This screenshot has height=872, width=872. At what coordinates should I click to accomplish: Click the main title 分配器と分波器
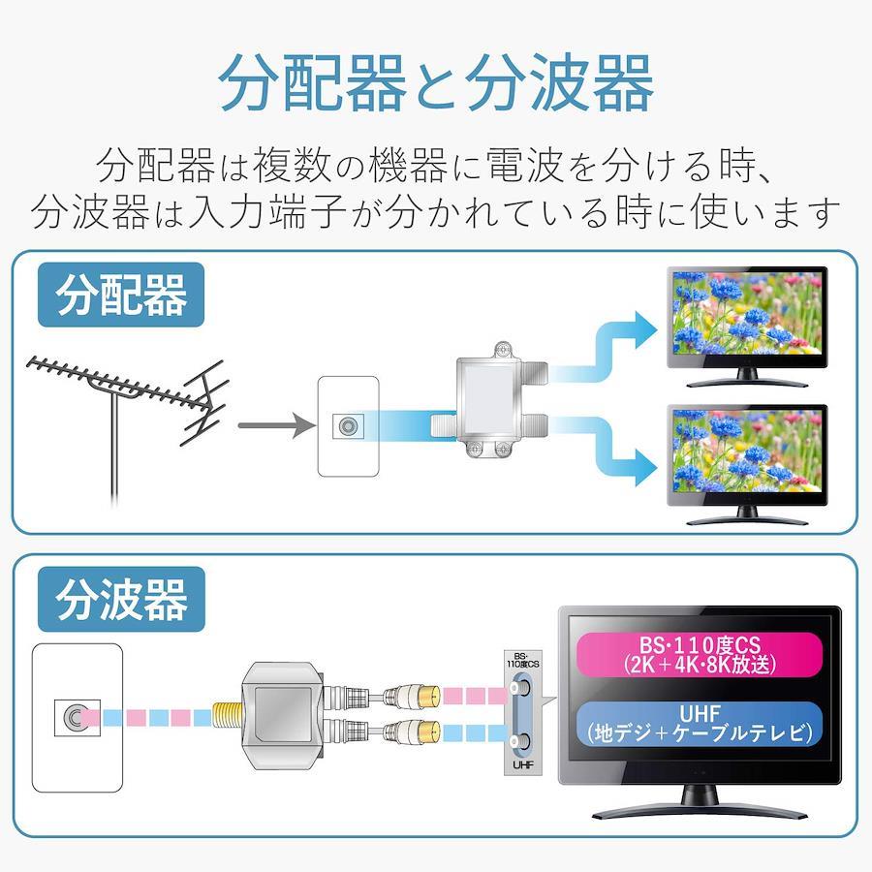coord(436,82)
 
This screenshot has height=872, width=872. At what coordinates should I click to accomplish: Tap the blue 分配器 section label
coord(121,295)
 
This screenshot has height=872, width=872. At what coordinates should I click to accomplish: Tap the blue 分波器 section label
coord(121,599)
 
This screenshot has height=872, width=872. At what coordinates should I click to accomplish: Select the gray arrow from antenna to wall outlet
coord(277,425)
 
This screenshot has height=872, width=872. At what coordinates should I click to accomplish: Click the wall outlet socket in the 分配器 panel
coord(348,426)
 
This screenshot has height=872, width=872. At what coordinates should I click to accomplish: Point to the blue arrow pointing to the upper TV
coord(604,348)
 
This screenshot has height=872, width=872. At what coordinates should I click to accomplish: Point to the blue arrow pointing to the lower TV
coord(604,451)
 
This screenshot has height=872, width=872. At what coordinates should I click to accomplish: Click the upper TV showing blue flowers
coord(747,326)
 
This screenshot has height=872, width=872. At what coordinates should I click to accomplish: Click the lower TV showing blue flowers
coord(747,464)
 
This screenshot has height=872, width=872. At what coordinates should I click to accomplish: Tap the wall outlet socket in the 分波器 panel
coord(77,717)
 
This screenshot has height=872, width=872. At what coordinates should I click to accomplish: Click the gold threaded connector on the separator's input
coord(227,717)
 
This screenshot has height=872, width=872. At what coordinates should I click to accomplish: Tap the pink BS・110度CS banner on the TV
coord(700,654)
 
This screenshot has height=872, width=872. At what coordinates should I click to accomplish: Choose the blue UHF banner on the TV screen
coord(700,724)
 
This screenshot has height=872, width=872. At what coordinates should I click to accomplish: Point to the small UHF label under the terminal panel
coord(523,764)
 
